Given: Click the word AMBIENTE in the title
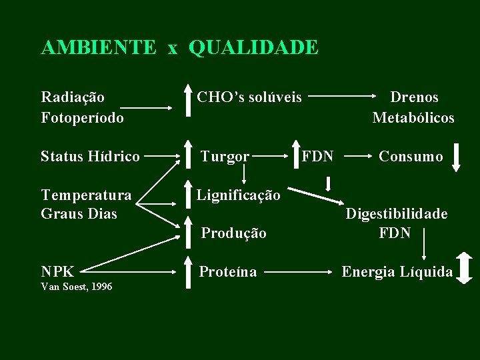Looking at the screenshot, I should [x=99, y=47].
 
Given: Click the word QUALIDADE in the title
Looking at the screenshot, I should [x=253, y=47].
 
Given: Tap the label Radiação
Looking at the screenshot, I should [x=73, y=97].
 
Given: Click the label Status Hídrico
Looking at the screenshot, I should [x=90, y=157].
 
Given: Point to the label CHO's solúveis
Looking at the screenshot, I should [x=249, y=97].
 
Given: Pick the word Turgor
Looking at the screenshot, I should [x=225, y=157].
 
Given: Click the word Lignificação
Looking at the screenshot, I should [x=238, y=195].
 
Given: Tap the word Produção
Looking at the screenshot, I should [x=233, y=233].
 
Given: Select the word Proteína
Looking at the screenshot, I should [x=228, y=271].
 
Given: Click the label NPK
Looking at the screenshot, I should [x=57, y=271].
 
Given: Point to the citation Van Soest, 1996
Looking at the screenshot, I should [x=77, y=287].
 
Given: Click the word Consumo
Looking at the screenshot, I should [x=411, y=157].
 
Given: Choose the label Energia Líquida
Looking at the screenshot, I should [x=397, y=271].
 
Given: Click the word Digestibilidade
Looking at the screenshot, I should [x=396, y=214].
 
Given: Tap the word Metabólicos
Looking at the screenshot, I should [x=413, y=117].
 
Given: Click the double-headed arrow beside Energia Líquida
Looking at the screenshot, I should [x=466, y=268].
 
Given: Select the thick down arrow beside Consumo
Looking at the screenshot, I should [x=456, y=157].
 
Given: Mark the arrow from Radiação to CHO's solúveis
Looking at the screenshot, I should [x=145, y=107].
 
